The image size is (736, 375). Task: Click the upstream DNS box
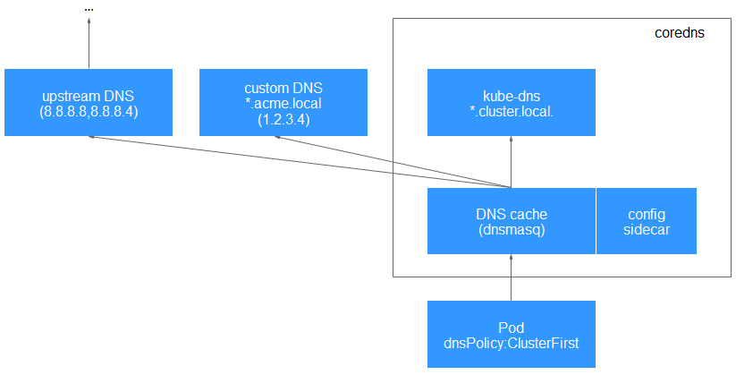(88, 102)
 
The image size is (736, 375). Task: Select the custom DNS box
(283, 102)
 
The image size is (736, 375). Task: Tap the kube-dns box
(511, 102)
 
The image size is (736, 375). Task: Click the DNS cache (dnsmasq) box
(511, 221)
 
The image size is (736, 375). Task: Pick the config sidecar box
(646, 221)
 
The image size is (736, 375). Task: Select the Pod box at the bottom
(511, 334)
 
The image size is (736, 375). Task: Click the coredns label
(680, 33)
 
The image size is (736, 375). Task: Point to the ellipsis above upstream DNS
(89, 9)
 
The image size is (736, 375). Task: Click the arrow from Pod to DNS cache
(511, 277)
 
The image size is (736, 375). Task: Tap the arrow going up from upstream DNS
(89, 45)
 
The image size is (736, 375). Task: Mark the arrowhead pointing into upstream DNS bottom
(91, 138)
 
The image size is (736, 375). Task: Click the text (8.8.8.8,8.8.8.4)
(88, 112)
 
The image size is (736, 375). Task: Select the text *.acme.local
(283, 103)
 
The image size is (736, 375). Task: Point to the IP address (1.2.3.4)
(283, 118)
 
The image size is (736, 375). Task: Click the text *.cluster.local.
(511, 112)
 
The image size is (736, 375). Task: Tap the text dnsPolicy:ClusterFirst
(511, 342)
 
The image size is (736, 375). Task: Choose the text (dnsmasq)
(511, 229)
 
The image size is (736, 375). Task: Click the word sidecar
(646, 229)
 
